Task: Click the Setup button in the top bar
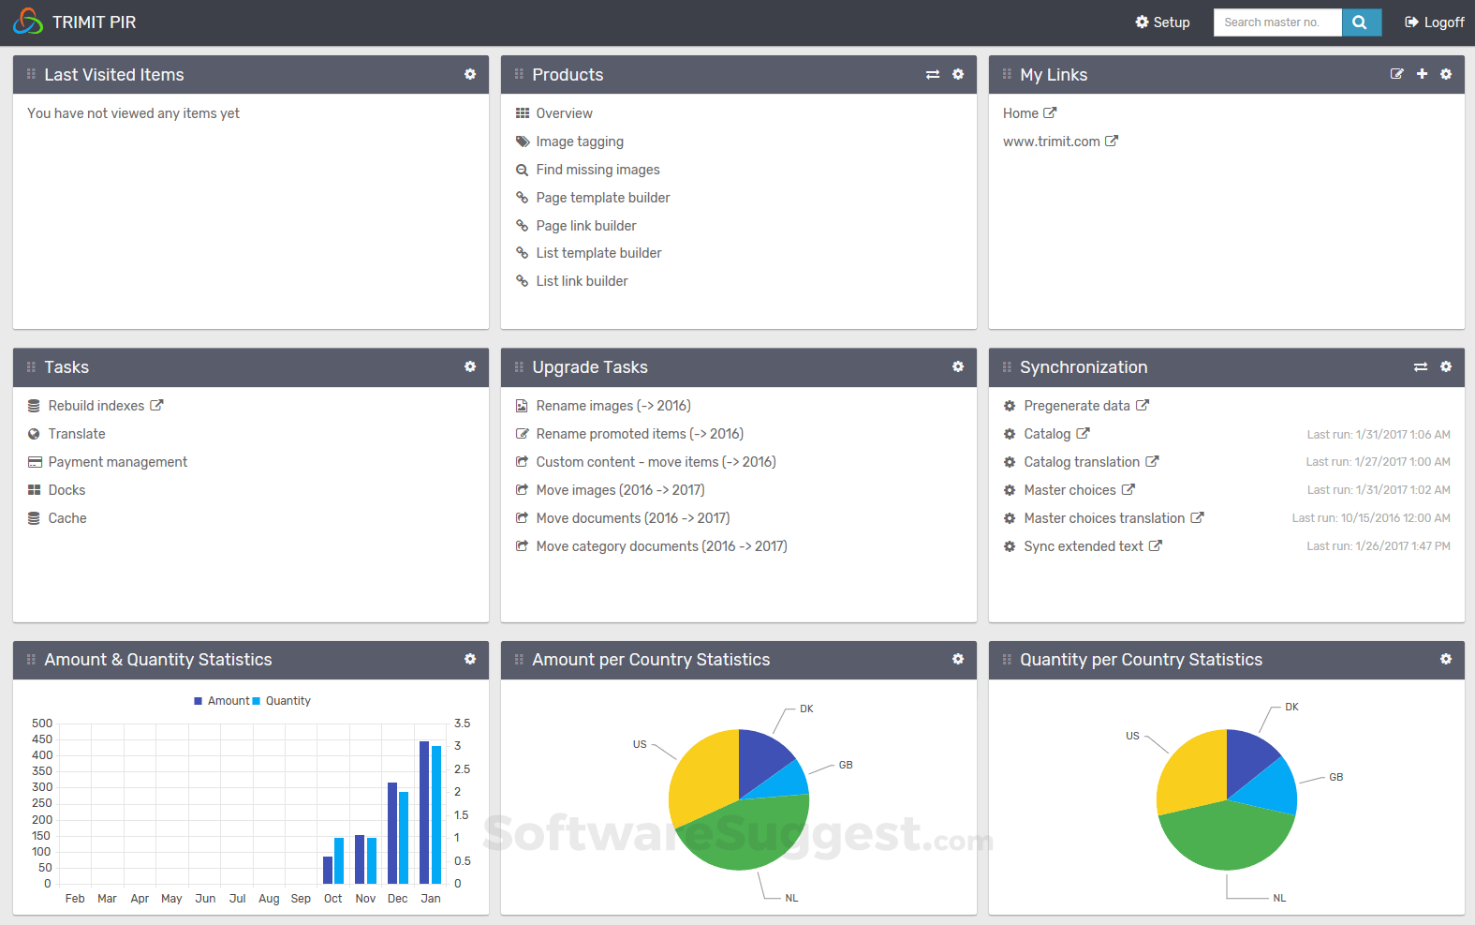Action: (x=1162, y=22)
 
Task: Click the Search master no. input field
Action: (x=1277, y=22)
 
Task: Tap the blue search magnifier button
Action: (x=1361, y=22)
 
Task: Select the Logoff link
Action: (x=1435, y=22)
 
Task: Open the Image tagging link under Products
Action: (x=579, y=142)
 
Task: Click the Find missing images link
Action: (x=597, y=170)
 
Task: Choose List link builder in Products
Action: (x=582, y=281)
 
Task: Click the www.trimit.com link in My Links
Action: (x=1052, y=142)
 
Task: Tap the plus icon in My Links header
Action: (x=1422, y=74)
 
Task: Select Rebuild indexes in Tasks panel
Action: (x=96, y=406)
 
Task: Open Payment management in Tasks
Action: (x=118, y=462)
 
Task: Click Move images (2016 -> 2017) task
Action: (x=620, y=490)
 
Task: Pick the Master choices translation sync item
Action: (x=1104, y=518)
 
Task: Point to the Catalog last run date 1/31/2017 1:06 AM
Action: (x=1379, y=435)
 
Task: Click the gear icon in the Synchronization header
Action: (x=1446, y=366)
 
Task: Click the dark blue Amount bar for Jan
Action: (x=424, y=812)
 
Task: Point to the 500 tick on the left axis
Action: (x=42, y=724)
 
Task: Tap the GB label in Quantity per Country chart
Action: (x=1335, y=777)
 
